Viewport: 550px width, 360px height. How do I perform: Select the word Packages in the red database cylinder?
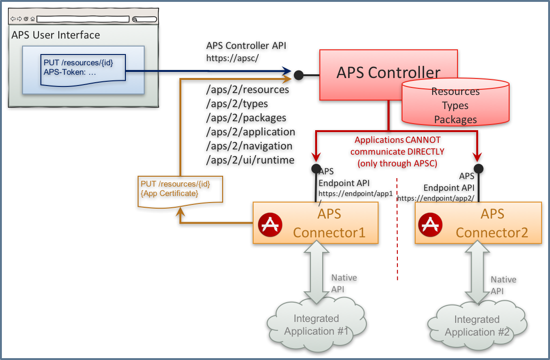(x=455, y=120)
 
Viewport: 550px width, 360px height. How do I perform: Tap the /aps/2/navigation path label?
(x=249, y=146)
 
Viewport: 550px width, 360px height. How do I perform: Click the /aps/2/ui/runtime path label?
(x=250, y=160)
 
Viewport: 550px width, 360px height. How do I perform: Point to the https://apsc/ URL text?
(x=232, y=58)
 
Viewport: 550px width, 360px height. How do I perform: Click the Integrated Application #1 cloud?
(x=316, y=324)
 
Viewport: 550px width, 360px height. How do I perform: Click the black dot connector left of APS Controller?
(x=298, y=74)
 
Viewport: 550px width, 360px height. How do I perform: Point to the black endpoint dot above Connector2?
(x=478, y=168)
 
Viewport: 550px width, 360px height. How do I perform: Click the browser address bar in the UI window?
(x=83, y=19)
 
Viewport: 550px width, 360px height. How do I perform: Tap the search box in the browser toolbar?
(x=144, y=19)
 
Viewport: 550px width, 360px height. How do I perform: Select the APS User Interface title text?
(x=55, y=35)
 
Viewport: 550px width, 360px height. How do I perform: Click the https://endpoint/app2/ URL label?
(x=435, y=198)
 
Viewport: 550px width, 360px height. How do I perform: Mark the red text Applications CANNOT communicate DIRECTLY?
(x=397, y=151)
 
